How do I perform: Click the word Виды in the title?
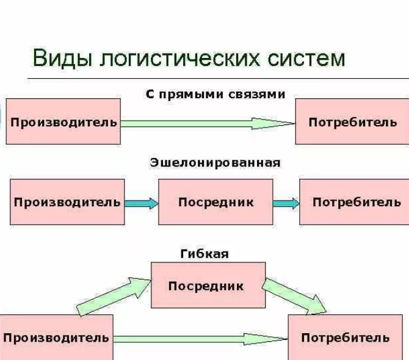[x=62, y=58]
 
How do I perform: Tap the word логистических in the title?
[x=180, y=58]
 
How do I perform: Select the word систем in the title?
[x=306, y=59]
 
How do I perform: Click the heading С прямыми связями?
[x=215, y=94]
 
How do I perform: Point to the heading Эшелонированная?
[x=215, y=163]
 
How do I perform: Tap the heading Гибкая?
[x=204, y=254]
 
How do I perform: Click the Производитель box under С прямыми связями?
[x=63, y=121]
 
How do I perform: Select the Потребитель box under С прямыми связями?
[x=352, y=121]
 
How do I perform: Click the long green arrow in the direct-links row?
[x=208, y=123]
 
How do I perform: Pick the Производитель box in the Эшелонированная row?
[x=67, y=202]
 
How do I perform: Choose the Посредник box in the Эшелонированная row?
[x=215, y=202]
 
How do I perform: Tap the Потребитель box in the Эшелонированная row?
[x=354, y=202]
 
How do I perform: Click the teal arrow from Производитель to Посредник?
[x=142, y=203]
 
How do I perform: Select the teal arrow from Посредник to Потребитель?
[x=286, y=203]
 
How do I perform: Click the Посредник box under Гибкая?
[x=208, y=285]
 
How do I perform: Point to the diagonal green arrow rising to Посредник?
[x=114, y=297]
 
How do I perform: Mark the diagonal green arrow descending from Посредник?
[x=294, y=296]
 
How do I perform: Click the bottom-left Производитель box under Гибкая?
[x=56, y=337]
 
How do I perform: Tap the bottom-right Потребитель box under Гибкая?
[x=346, y=337]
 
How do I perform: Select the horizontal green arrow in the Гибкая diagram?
[x=201, y=339]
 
